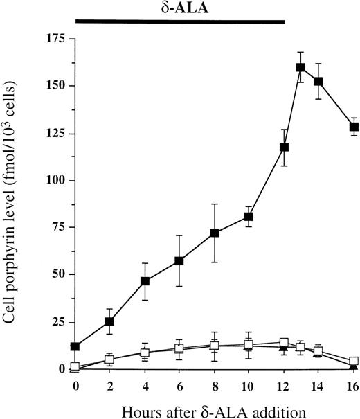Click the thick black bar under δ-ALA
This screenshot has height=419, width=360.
coord(180,22)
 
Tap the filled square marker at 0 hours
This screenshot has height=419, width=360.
coord(75,346)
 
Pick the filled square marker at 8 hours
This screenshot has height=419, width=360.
coord(215,233)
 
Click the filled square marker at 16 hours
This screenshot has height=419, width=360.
coord(354,127)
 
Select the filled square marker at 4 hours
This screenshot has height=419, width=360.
coord(145,281)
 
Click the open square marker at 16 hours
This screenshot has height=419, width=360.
coord(354,361)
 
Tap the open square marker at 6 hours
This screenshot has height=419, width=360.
coord(180,349)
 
